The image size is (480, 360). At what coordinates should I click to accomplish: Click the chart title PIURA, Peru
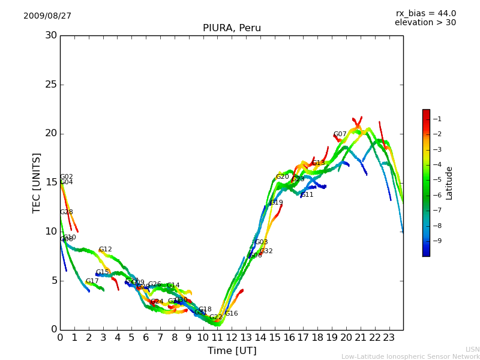point(232,28)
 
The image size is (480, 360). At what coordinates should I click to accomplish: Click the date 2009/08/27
point(47,16)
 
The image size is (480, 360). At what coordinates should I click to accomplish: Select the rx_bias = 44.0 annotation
point(425,14)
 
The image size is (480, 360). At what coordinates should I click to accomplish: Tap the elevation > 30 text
point(425,23)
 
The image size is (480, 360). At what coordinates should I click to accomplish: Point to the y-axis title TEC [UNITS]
point(37,182)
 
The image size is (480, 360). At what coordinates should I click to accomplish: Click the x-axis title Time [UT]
point(232,350)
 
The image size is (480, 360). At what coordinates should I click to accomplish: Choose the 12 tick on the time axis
point(232,338)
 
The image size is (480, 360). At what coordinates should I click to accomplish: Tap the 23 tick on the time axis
point(389,338)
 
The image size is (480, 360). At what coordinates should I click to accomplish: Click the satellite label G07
point(340,134)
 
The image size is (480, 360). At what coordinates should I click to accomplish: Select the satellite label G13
point(318,163)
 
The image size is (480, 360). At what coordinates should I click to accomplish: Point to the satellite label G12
point(106,250)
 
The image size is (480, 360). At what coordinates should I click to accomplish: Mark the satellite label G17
point(92,281)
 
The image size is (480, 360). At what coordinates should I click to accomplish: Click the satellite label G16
point(232,314)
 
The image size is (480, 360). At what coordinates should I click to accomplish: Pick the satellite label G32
point(266,251)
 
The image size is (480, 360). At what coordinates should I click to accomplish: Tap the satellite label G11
point(307,195)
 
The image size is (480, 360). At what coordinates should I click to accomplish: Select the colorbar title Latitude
point(449,183)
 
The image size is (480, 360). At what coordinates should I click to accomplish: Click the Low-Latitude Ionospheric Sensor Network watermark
point(410,357)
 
